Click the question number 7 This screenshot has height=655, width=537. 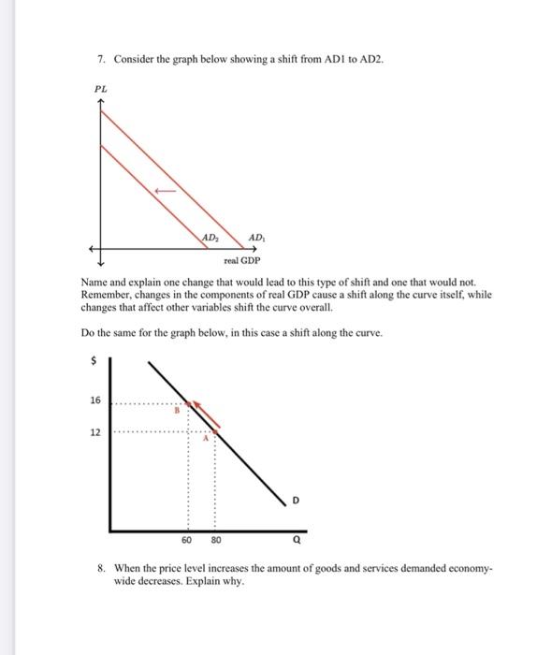click(x=101, y=59)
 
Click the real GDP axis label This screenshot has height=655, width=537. click(x=242, y=261)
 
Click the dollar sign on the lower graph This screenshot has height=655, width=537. click(x=92, y=358)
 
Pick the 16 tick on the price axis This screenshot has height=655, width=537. click(x=95, y=400)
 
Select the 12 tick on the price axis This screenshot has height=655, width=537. click(x=95, y=433)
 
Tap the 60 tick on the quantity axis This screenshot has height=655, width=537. click(x=187, y=540)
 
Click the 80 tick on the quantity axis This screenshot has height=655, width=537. click(x=216, y=540)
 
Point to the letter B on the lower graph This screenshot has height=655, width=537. click(x=173, y=410)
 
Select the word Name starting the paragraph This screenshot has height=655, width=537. click(x=93, y=282)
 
